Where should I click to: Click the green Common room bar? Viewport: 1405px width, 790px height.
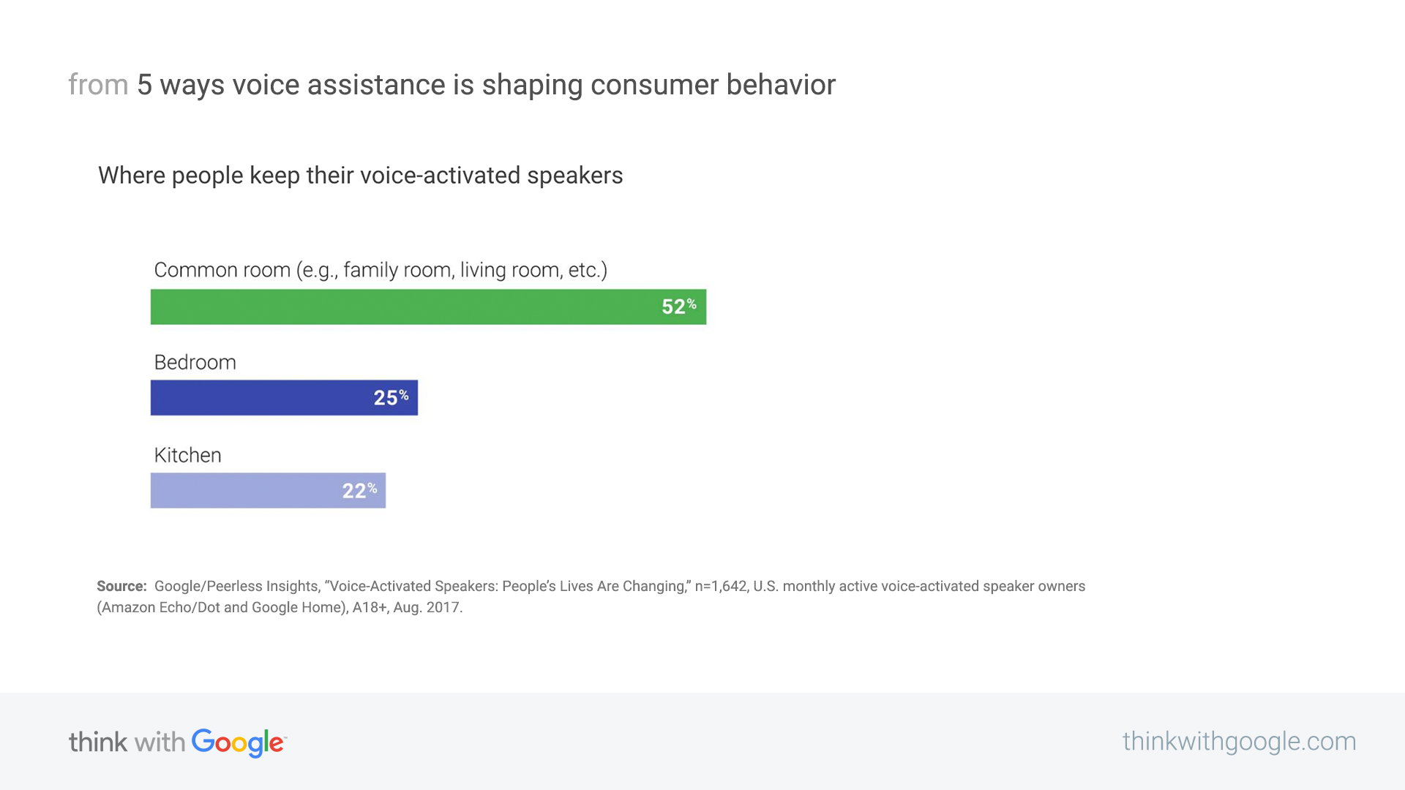[428, 306]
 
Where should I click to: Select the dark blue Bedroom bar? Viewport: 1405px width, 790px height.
[284, 397]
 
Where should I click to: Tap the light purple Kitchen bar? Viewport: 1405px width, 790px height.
[268, 490]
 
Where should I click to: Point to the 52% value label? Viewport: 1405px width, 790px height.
[679, 306]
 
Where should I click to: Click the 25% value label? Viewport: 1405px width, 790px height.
[391, 397]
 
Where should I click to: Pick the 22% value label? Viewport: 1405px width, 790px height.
[359, 490]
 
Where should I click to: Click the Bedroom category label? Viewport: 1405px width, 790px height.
[195, 362]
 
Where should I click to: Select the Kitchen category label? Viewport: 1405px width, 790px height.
[188, 455]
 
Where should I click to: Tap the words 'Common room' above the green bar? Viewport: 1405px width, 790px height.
[222, 270]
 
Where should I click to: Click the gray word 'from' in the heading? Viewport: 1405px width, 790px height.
[98, 85]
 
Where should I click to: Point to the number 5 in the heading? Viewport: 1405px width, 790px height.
[145, 85]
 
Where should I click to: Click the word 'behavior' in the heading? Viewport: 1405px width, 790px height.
[781, 85]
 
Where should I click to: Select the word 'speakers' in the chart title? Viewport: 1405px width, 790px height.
[575, 176]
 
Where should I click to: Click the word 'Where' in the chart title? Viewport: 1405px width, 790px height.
[132, 176]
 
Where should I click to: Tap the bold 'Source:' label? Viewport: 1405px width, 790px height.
[121, 586]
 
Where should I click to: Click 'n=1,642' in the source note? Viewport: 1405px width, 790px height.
[721, 587]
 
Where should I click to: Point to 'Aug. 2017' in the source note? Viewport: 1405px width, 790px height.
[427, 607]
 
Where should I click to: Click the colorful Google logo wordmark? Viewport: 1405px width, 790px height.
[239, 743]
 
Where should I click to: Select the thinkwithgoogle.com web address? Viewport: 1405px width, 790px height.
[1239, 742]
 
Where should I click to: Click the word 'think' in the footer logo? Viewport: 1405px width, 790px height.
[98, 742]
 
